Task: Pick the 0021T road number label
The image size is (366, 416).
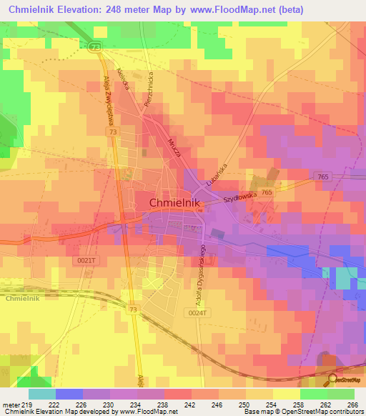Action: pos(85,261)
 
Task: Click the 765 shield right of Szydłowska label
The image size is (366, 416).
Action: pos(267,193)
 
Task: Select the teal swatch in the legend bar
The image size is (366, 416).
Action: pos(42,394)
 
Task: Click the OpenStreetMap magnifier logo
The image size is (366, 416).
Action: pos(332,380)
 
